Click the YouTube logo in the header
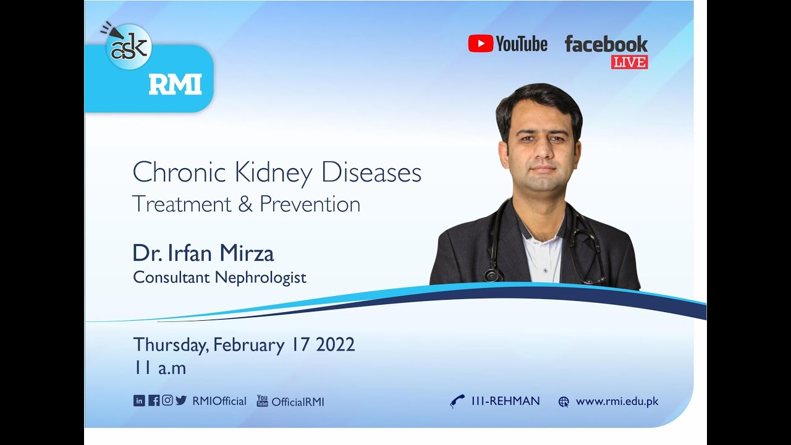[x=507, y=43]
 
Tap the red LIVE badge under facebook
[x=629, y=62]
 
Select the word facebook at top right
[x=606, y=44]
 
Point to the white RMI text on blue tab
[x=175, y=85]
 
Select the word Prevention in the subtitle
[x=310, y=204]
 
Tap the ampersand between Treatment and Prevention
[x=245, y=204]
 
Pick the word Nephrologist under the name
[x=260, y=278]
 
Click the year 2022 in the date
[x=335, y=344]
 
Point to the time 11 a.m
[x=159, y=368]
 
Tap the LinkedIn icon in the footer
[x=139, y=400]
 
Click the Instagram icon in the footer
[x=167, y=400]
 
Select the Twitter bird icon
[x=181, y=400]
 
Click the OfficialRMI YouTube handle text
[x=298, y=402]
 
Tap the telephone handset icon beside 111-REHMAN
[x=457, y=402]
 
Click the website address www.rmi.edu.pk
[x=617, y=401]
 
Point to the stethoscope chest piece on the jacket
[x=493, y=274]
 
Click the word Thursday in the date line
[x=171, y=345]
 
